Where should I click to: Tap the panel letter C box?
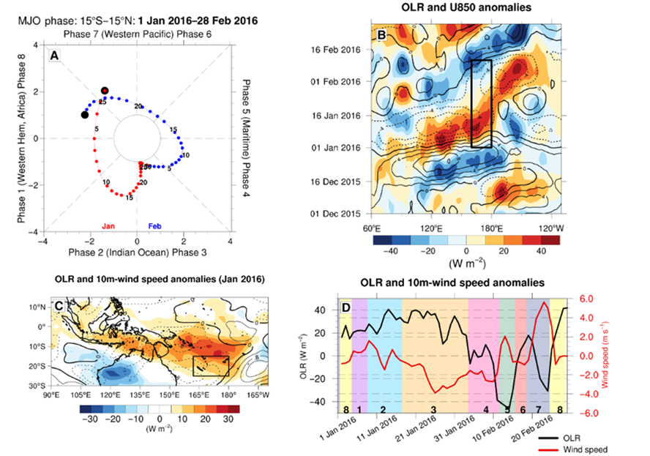pos(56,304)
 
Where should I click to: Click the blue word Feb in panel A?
pos(155,228)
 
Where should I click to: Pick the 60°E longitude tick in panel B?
pos(371,227)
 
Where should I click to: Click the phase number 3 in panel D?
pos(434,407)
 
